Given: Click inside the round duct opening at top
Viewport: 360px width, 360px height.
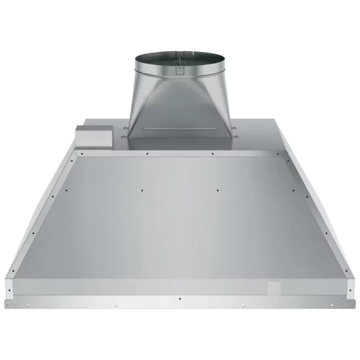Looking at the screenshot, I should (179, 60).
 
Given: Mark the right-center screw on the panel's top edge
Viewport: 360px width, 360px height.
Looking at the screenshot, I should (212, 153).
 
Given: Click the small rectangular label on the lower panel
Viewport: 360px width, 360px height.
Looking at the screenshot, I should (275, 289).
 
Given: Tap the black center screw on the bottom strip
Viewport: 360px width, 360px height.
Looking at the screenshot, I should (180, 298).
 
